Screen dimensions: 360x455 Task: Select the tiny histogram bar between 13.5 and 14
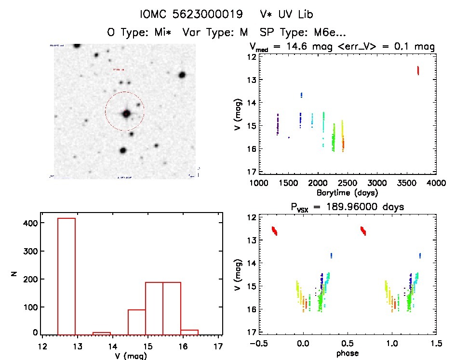coord(102,333)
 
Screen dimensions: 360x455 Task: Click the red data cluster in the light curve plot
coord(418,70)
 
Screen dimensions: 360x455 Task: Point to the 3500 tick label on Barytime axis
coord(407,183)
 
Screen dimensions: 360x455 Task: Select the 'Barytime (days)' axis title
coord(348,192)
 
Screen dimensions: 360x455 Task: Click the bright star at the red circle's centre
coord(126,114)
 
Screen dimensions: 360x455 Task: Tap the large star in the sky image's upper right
coord(182,75)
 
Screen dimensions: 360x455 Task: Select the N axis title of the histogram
coord(15,275)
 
